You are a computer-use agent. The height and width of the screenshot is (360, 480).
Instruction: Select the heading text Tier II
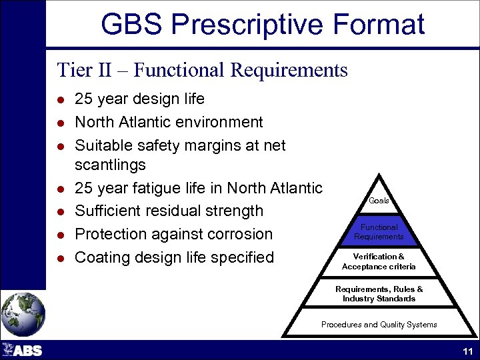tap(83, 69)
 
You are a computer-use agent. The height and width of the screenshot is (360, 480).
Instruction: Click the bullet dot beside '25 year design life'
tap(60, 100)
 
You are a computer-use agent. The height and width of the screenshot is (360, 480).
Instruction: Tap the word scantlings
tap(110, 165)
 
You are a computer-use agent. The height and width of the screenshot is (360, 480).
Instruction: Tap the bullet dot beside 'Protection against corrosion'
tap(60, 235)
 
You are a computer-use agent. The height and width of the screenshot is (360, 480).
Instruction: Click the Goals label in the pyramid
tap(379, 201)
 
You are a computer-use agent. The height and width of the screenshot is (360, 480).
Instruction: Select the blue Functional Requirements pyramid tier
tap(379, 232)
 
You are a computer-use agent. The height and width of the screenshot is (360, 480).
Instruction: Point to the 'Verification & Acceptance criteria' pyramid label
tap(379, 261)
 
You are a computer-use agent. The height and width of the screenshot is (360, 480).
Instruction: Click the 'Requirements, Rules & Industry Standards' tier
tap(379, 294)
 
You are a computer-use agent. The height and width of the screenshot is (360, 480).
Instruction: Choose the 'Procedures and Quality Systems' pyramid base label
tap(379, 325)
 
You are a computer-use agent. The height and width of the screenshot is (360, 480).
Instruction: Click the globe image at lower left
tap(23, 313)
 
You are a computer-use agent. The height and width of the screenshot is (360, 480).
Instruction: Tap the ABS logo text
tap(27, 351)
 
